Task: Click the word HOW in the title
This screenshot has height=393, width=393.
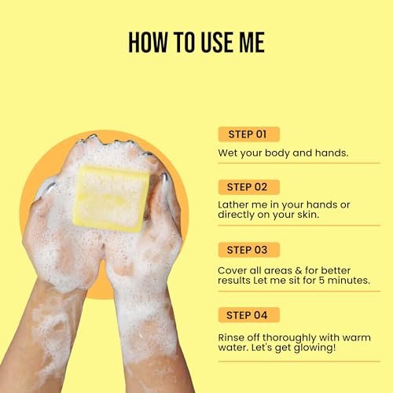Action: click(x=148, y=42)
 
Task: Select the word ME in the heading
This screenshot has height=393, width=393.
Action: click(x=252, y=42)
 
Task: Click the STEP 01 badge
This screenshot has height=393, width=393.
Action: click(x=249, y=134)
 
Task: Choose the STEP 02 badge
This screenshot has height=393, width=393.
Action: click(x=249, y=187)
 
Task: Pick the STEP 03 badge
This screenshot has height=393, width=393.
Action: click(x=249, y=250)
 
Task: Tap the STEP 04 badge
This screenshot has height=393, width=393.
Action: click(x=249, y=315)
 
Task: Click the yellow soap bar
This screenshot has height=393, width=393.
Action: click(x=112, y=199)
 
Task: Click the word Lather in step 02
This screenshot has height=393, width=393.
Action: click(x=233, y=204)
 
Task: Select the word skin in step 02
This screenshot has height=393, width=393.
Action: click(x=308, y=215)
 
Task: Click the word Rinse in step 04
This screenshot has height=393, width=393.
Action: click(x=231, y=337)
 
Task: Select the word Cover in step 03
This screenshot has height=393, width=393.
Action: click(x=232, y=270)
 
